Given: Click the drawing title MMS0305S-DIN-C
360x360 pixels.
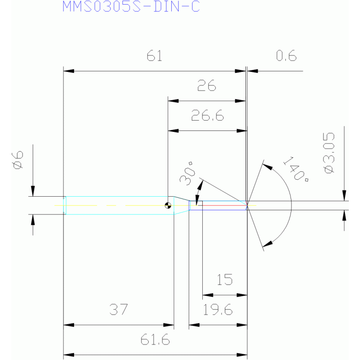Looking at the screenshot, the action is [131, 7].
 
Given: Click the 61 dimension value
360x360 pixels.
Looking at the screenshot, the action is [154, 56].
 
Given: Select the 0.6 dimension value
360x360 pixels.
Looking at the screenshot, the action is [286, 56].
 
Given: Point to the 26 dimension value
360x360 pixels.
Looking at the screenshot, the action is [207, 85].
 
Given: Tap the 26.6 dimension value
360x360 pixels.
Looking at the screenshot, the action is [207, 115].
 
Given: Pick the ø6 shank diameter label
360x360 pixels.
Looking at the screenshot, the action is [18, 160].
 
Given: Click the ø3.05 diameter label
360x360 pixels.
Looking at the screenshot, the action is [329, 153].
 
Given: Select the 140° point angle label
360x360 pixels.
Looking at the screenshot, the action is [296, 169].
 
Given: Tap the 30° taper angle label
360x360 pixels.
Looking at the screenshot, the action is [188, 174].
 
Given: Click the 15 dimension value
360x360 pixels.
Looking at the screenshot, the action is [224, 279].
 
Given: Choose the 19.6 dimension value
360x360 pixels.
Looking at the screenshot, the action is [218, 309].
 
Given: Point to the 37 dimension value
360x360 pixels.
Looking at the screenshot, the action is [118, 309].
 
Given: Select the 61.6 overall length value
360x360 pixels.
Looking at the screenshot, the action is [155, 339].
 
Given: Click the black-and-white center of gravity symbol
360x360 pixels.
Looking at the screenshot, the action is [168, 205].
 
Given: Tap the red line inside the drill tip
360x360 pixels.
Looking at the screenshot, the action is [224, 205].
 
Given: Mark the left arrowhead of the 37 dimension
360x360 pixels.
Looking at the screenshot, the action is [69, 325].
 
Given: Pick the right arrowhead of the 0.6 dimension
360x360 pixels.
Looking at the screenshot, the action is [253, 71].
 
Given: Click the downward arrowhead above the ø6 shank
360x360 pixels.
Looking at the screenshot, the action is [33, 191].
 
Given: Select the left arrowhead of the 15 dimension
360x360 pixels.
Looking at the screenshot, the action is [208, 295].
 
